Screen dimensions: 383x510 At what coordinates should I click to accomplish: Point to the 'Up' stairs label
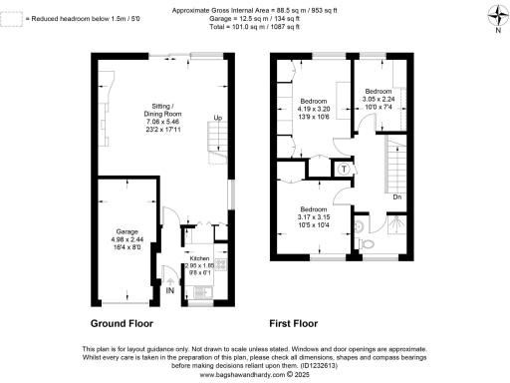[216, 119]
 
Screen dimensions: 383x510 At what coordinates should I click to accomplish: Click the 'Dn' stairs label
[396, 196]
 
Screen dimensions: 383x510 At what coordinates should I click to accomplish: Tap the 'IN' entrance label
[170, 290]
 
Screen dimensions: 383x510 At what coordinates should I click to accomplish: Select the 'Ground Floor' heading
[121, 324]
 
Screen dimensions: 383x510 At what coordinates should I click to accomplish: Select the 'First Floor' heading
[292, 324]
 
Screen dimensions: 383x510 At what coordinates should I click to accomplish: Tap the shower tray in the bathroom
[395, 227]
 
